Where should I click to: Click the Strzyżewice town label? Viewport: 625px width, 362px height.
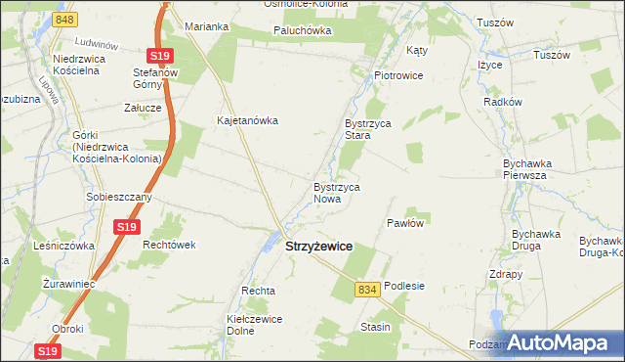coord(318,249)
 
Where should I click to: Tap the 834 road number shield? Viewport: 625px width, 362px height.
coord(367,290)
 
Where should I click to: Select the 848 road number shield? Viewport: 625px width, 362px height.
coord(63,20)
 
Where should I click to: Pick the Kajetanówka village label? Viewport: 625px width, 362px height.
coord(248,121)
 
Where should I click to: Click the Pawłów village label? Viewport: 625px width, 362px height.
coord(405,223)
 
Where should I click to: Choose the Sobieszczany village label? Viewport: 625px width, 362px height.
coord(119,197)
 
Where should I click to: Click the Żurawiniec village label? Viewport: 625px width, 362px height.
coord(65,284)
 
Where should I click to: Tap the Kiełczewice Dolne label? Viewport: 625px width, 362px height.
coord(254,325)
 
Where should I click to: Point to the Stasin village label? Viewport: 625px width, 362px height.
coord(375,327)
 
